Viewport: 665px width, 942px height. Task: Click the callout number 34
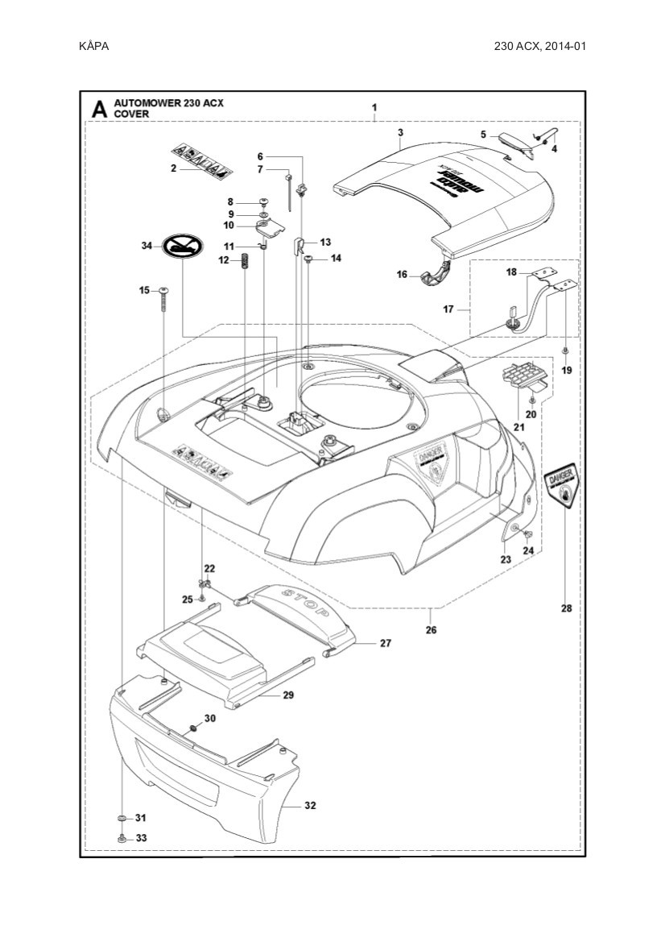[146, 245]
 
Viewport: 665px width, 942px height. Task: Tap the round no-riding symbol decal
[184, 246]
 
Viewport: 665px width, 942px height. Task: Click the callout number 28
[567, 608]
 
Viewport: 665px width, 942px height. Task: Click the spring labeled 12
[245, 262]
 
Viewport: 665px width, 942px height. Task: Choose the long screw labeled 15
[163, 299]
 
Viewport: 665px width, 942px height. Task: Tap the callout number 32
[311, 805]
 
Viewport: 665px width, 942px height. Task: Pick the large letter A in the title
[99, 109]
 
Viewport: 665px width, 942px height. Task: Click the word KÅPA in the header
[94, 46]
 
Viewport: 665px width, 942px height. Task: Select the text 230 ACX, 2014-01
[539, 46]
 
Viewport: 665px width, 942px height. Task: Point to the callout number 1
[374, 108]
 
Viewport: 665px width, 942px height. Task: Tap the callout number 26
[431, 629]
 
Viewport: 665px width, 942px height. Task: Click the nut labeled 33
[121, 838]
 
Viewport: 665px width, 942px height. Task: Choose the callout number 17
[449, 309]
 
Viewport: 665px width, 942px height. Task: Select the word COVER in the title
[131, 114]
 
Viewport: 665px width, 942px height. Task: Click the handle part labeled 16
[436, 272]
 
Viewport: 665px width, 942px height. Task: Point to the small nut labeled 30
[193, 728]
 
